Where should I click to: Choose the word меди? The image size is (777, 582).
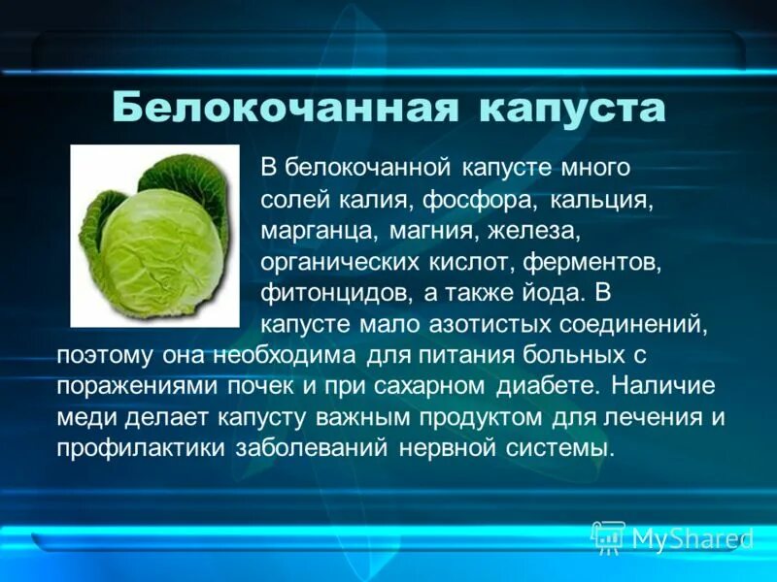click(x=87, y=417)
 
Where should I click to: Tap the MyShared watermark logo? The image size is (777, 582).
click(x=670, y=537)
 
